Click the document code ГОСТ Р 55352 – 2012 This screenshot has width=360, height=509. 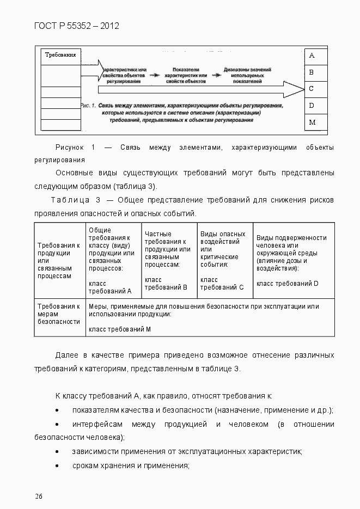click(x=76, y=25)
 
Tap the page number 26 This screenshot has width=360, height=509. click(x=39, y=495)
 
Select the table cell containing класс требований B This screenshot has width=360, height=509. click(x=169, y=260)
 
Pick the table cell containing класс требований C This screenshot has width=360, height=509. click(x=225, y=260)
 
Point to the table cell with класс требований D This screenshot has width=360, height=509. click(x=294, y=260)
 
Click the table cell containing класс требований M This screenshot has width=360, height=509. click(x=210, y=317)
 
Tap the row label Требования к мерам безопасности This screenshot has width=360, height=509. click(x=60, y=314)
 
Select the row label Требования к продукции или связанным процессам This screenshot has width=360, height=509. click(x=60, y=260)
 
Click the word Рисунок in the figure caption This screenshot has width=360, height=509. click(x=70, y=148)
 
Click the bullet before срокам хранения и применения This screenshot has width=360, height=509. click(x=58, y=466)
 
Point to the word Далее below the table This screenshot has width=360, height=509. click(x=66, y=355)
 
